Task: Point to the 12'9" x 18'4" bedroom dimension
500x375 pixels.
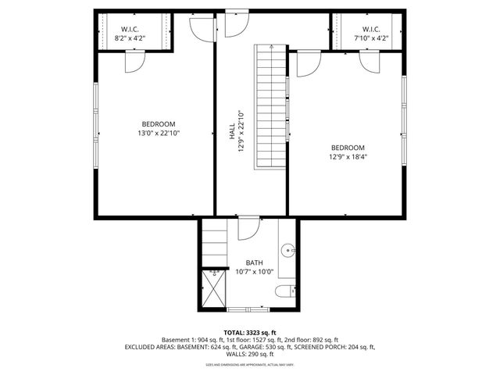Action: click(x=348, y=157)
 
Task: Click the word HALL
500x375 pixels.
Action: click(x=232, y=135)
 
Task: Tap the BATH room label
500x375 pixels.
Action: click(x=255, y=262)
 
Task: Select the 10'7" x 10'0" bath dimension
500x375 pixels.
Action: click(x=255, y=272)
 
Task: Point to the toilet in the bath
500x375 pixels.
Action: click(x=285, y=292)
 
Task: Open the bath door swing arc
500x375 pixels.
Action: click(x=248, y=229)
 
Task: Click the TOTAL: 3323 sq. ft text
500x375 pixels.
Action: click(x=250, y=332)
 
